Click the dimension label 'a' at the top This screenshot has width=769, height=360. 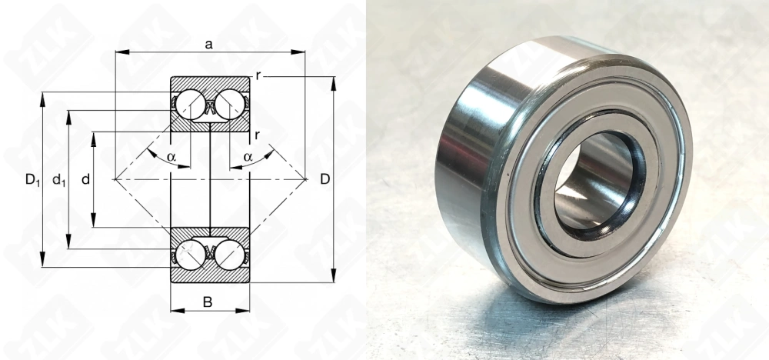coord(209,45)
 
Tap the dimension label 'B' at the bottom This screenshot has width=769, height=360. coord(208,302)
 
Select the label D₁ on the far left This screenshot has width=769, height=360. coord(32,180)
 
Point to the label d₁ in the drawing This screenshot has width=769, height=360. coord(59,180)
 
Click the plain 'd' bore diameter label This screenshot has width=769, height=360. coord(86,180)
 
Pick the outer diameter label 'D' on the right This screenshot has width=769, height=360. coord(325,179)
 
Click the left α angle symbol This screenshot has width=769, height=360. coord(171,157)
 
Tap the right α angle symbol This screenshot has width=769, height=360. coord(248,157)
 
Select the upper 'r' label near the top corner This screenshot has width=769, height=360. coord(258,76)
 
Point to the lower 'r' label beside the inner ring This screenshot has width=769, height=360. coord(257,135)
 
